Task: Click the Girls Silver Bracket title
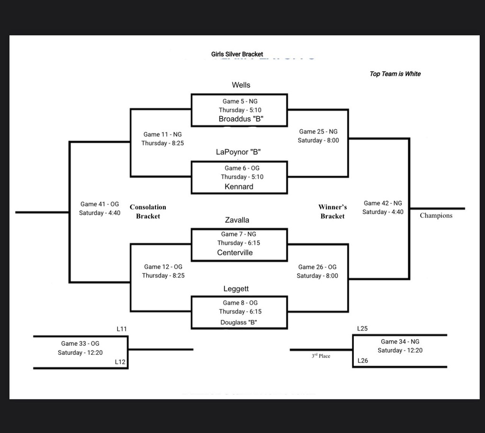pos(237,54)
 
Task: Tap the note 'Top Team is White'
pos(395,74)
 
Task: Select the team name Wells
pos(241,85)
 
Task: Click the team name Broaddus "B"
pos(241,119)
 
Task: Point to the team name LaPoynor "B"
pos(238,152)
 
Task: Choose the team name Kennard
pos(239,187)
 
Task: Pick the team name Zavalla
pos(237,220)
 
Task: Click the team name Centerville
pos(235,253)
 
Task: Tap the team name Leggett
pos(236,289)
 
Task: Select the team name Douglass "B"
pos(239,322)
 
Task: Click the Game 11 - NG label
pos(162,134)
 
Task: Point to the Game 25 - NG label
pos(318,131)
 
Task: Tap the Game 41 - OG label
pos(99,204)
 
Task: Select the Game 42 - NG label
pos(383,203)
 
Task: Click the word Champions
pos(436,216)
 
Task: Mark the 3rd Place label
pos(321,356)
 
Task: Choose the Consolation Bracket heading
pos(148,212)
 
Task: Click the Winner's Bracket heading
pos(332,212)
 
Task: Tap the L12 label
pos(120,362)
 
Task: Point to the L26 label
pos(362,361)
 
